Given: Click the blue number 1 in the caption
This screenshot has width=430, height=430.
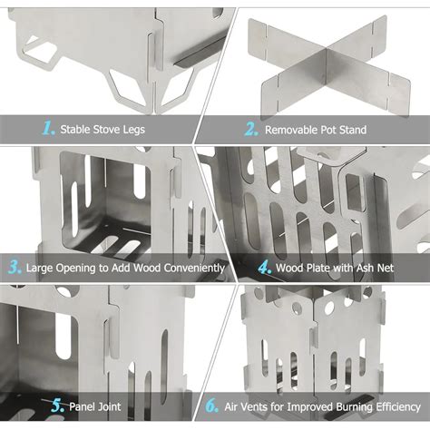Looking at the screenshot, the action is [48, 128].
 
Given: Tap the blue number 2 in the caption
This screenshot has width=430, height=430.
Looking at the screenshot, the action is [251, 129].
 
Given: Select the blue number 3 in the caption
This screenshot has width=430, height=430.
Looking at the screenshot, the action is [15, 268].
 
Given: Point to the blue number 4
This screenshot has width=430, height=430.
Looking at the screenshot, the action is [265, 268].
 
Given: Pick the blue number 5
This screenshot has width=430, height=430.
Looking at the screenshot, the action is [58, 406].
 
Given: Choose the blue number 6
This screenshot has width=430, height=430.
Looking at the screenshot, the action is [211, 406].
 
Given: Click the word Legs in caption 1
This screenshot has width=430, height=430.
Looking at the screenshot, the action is [134, 130].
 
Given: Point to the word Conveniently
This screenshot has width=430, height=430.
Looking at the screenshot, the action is [194, 269].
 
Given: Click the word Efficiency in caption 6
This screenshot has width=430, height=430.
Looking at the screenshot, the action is [398, 407].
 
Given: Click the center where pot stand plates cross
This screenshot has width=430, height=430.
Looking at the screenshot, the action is [328, 65].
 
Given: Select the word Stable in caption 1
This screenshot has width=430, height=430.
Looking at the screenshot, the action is [75, 130].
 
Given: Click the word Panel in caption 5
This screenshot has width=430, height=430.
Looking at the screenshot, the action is [81, 406].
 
